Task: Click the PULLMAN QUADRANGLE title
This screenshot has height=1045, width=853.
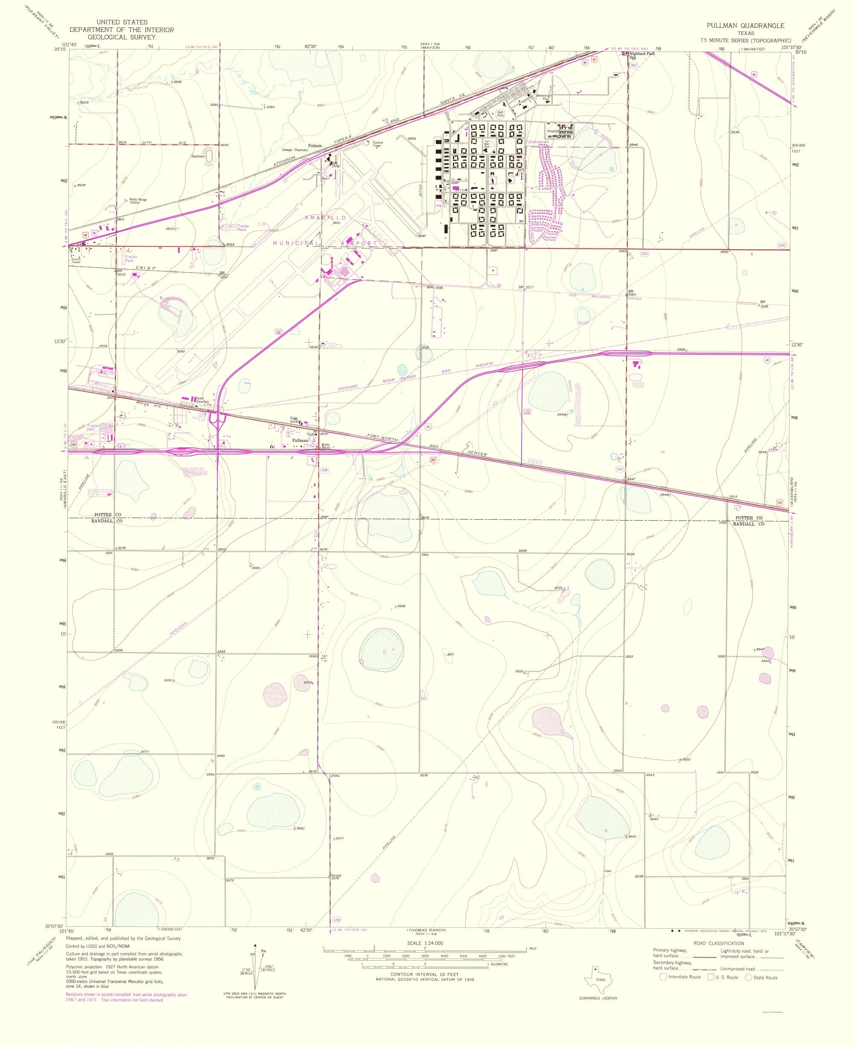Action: (x=746, y=26)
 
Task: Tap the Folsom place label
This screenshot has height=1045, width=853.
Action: (x=315, y=145)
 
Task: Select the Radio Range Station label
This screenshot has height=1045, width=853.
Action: (x=138, y=201)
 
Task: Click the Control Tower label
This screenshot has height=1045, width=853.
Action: (x=378, y=144)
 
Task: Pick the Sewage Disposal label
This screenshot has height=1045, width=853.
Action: (x=293, y=150)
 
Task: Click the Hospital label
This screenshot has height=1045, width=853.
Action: (x=553, y=131)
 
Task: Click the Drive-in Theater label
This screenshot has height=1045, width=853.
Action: (x=75, y=261)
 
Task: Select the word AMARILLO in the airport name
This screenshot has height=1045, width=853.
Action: (x=325, y=217)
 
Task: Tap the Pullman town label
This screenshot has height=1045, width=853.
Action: (x=300, y=440)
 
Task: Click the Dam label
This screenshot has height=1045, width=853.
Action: (x=608, y=871)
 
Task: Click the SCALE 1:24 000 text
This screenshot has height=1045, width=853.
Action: (x=425, y=943)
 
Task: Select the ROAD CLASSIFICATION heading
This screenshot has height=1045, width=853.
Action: (x=718, y=943)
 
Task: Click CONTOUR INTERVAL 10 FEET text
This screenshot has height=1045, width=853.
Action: (x=425, y=974)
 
